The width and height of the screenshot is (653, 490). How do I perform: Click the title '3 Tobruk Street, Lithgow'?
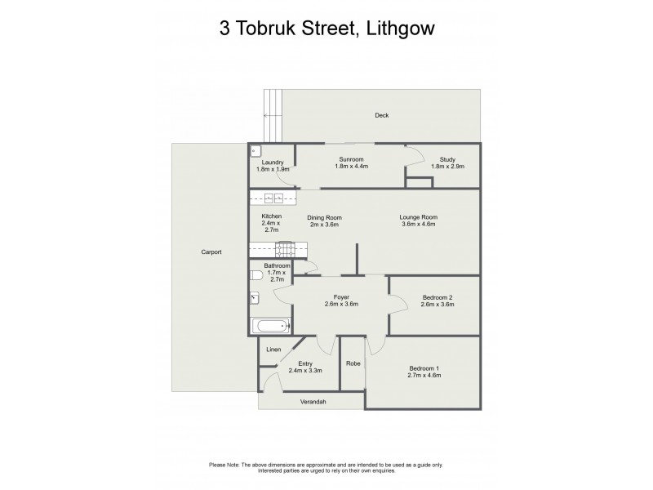coord(326,29)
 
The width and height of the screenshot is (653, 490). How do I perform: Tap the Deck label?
coord(381,115)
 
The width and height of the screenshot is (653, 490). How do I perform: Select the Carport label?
coord(211,252)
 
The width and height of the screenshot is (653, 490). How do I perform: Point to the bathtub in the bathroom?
coord(271,327)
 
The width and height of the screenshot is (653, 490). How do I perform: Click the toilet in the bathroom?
coord(256,275)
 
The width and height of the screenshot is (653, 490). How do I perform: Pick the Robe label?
coord(353,363)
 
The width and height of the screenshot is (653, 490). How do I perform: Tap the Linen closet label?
coord(273,350)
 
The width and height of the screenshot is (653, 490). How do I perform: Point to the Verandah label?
coord(310,401)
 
